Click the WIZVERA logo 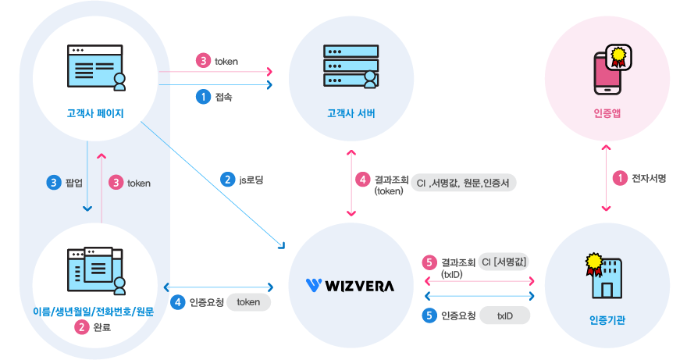[351, 285]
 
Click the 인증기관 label [607, 321]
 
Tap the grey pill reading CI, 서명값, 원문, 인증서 [464, 183]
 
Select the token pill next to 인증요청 [248, 302]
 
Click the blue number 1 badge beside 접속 [202, 97]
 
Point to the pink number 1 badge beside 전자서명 [620, 179]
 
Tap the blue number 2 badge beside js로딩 [228, 179]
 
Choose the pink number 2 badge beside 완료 [81, 327]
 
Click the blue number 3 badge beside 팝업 [55, 183]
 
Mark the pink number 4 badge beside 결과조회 [363, 179]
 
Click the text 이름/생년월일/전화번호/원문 [94, 312]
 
